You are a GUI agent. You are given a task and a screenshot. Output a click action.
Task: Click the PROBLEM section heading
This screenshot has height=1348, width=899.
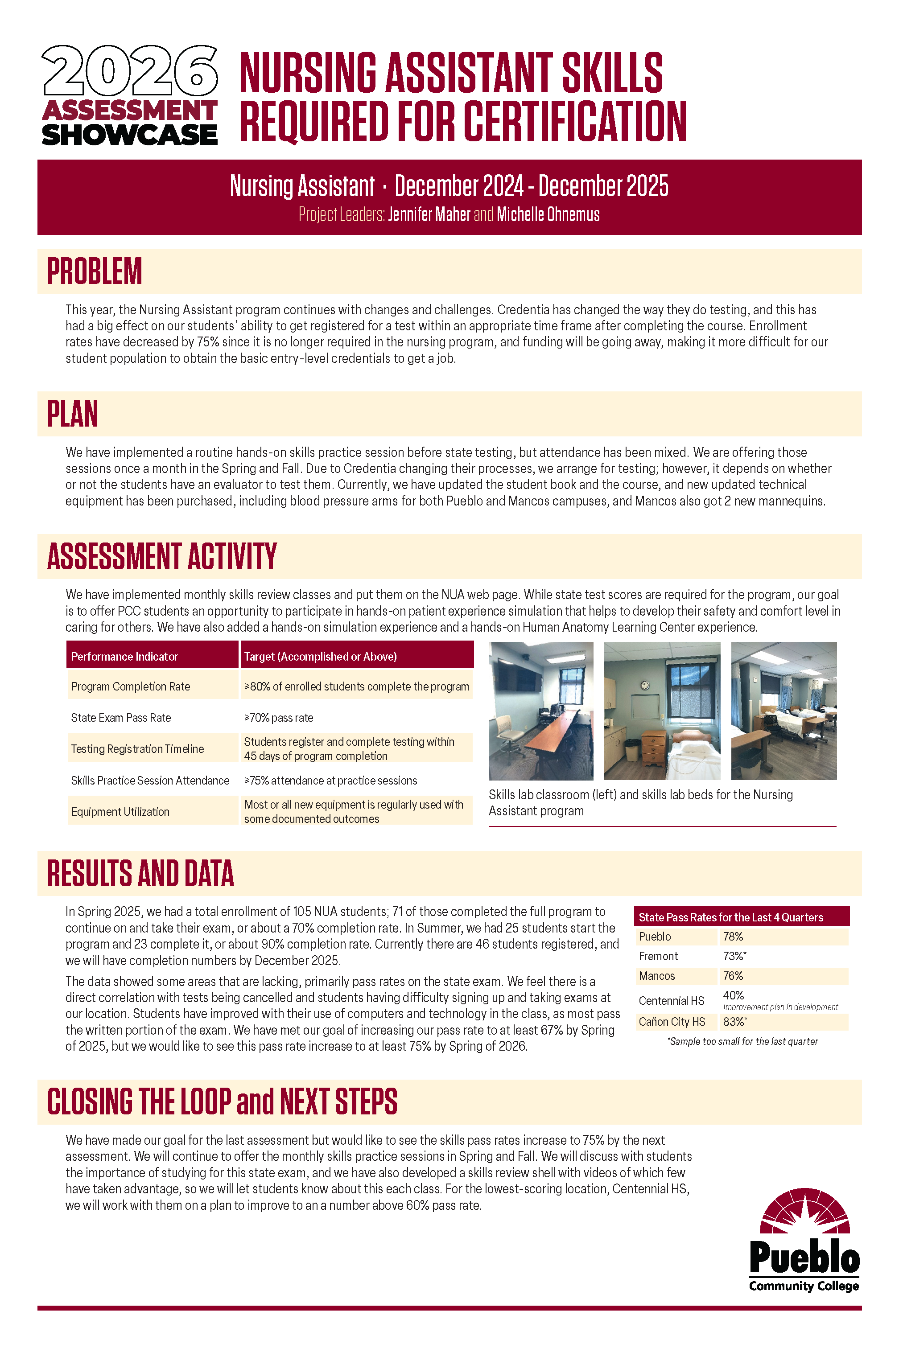click(95, 271)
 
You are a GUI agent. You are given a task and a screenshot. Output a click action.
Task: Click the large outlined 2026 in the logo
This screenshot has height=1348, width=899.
click(130, 70)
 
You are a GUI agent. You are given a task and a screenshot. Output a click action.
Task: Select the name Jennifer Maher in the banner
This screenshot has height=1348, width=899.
click(429, 214)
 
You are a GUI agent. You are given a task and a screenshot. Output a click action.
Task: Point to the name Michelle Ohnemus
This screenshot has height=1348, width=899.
click(548, 214)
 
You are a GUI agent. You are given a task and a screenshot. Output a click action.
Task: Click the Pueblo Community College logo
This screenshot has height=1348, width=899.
click(804, 1241)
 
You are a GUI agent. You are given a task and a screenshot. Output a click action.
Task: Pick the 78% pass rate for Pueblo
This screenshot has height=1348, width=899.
click(733, 937)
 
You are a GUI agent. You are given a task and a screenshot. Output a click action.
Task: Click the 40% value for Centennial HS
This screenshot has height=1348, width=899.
click(733, 995)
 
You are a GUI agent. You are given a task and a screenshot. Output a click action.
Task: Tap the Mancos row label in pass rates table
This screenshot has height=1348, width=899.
click(656, 975)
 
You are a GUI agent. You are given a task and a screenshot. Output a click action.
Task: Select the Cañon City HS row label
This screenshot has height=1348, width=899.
click(672, 1021)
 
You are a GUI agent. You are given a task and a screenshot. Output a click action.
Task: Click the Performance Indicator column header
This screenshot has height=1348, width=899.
click(124, 656)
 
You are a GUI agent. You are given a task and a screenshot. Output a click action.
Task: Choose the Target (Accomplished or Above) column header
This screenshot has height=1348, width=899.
click(321, 656)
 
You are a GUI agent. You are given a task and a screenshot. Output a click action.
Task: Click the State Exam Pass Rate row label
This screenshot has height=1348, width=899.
click(121, 718)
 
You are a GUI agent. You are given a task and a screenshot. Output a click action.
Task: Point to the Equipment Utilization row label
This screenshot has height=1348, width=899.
click(120, 812)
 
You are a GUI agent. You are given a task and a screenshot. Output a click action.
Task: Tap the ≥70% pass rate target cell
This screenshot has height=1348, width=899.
click(279, 718)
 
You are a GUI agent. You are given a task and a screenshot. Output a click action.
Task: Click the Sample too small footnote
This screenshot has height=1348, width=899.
click(742, 1041)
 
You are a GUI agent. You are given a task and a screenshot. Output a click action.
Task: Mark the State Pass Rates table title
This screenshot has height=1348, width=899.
click(730, 917)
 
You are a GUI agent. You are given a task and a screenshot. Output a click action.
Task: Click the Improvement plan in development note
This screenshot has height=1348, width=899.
click(780, 1007)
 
